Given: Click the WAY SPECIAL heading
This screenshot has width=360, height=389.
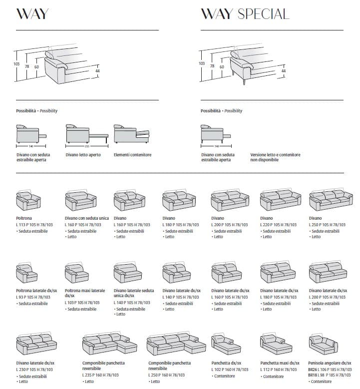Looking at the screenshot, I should coord(245,13).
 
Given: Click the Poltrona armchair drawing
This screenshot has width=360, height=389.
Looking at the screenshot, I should coord(28,202).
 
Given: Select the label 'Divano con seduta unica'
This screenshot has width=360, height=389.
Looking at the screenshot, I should coord(86,219).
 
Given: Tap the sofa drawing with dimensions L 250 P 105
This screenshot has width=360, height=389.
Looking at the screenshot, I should coord(327,201).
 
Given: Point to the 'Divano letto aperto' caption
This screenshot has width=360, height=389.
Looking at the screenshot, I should coord(83,155).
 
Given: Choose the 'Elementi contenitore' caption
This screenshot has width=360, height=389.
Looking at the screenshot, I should coord(132,155).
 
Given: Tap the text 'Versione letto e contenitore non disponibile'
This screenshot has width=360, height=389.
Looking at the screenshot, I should coord(275,158).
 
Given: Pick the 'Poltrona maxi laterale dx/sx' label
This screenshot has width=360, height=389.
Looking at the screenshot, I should coord(85,293).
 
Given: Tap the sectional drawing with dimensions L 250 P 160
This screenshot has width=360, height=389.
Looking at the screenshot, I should coord(176,345).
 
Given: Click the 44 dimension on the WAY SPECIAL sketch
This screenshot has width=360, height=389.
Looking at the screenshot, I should coord(284,71).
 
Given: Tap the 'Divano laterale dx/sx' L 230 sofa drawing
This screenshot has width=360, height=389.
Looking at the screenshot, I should coord(35,345).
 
